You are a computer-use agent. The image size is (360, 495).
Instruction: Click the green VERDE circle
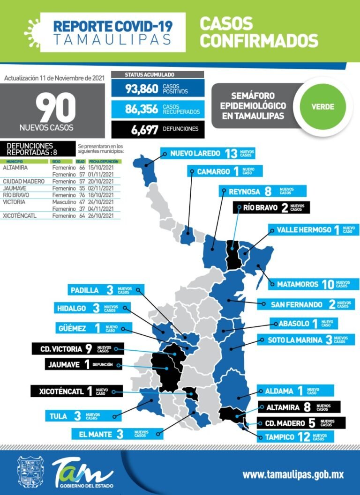(323, 106)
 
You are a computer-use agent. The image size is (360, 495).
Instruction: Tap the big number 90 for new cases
(56, 108)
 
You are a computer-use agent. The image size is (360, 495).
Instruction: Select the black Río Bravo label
(271, 207)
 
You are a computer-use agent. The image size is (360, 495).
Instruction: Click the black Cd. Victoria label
(78, 348)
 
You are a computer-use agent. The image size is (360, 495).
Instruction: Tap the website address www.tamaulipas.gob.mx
(293, 474)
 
